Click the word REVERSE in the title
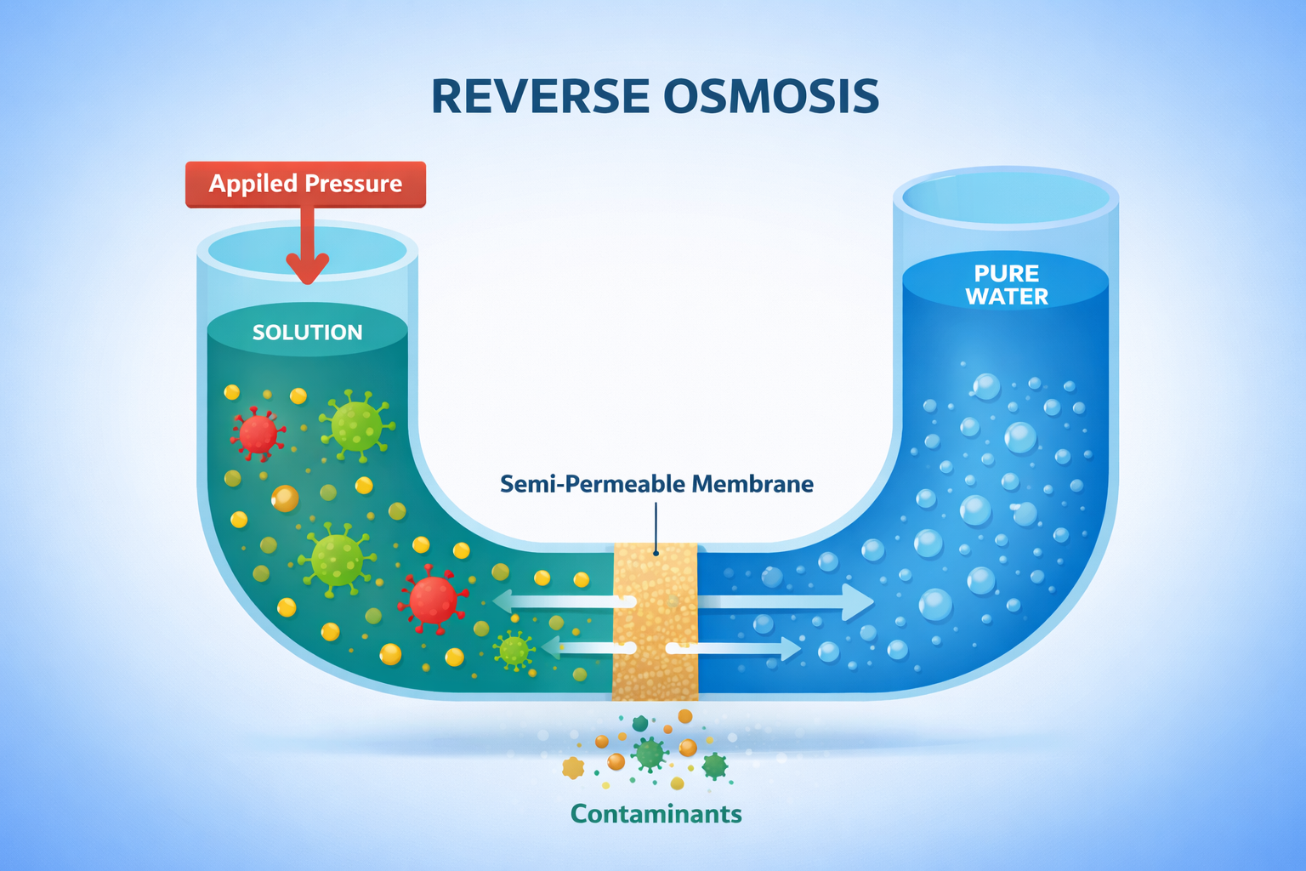point(540,96)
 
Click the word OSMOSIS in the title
point(770,96)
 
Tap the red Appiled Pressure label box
point(305,184)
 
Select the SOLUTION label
point(307,332)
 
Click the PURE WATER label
point(1007,285)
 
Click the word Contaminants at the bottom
point(656,814)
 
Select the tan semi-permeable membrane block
point(655,621)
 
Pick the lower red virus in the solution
point(433,600)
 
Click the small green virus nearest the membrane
point(514,651)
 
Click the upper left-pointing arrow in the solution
point(561,601)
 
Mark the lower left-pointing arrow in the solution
point(587,648)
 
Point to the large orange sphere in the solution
point(285,498)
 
